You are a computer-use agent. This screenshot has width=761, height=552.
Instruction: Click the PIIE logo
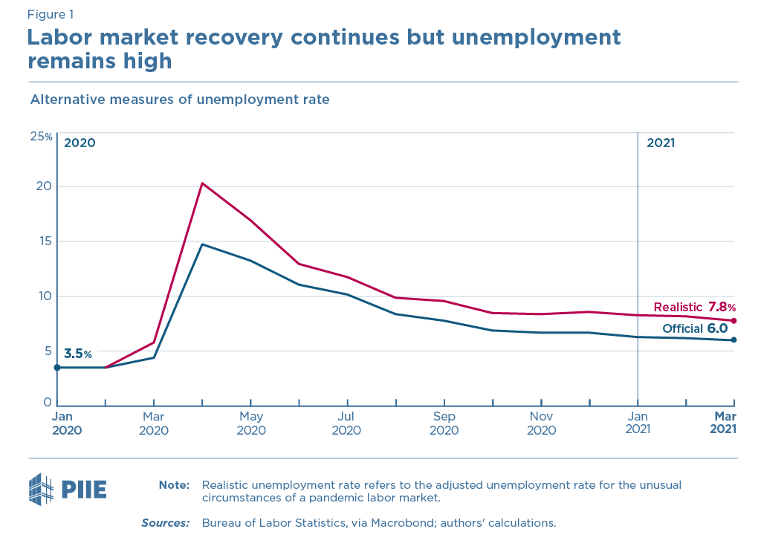tap(68, 489)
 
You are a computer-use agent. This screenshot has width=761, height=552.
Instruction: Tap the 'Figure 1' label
tap(50, 14)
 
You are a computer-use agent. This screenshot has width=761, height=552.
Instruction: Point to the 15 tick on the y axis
tap(42, 241)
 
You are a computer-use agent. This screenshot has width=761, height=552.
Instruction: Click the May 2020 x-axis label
tap(251, 423)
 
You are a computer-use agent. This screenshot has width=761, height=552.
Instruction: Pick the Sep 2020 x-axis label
tap(444, 423)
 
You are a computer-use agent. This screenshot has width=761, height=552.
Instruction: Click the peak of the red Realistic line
tap(202, 184)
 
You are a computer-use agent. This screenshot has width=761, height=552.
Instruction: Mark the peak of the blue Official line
tap(202, 244)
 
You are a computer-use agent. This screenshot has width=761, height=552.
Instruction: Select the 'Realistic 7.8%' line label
tap(694, 307)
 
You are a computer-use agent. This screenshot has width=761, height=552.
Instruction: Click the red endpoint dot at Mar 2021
tap(734, 321)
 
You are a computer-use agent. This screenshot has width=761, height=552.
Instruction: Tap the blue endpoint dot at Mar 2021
tap(734, 340)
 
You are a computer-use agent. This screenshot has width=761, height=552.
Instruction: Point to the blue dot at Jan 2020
tap(57, 367)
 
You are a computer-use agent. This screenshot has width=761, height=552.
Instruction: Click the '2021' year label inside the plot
tap(661, 143)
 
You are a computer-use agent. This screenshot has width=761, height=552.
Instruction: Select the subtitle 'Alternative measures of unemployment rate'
tap(179, 99)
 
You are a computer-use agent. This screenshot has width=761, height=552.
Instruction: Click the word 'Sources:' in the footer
tap(166, 523)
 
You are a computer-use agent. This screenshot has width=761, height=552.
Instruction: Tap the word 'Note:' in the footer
tap(174, 485)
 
